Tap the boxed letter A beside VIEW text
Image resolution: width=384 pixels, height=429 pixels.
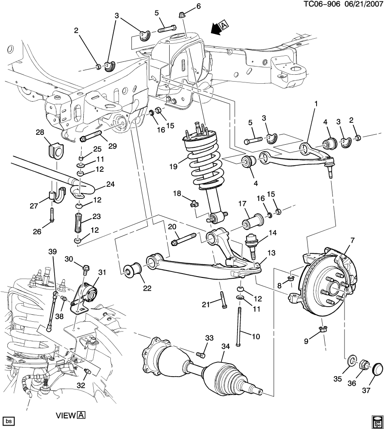81,415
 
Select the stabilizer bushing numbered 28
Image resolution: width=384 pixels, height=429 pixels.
52,149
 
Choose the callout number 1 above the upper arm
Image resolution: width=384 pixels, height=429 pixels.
316,103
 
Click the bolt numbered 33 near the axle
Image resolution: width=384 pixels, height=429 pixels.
200,354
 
